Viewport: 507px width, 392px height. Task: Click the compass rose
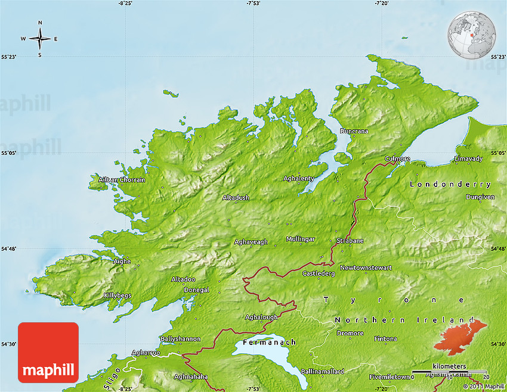click(x=40, y=39)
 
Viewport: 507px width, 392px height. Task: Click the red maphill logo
click(x=48, y=353)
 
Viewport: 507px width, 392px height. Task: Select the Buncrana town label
click(x=354, y=131)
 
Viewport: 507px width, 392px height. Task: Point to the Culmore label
click(x=397, y=158)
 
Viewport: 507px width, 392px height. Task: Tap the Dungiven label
click(x=481, y=197)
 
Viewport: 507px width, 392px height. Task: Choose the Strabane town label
click(x=350, y=241)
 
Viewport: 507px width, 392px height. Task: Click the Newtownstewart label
click(x=366, y=268)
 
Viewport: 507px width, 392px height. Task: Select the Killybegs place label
click(x=118, y=295)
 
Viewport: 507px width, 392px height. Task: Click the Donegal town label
click(x=196, y=290)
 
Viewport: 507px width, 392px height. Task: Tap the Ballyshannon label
click(x=180, y=338)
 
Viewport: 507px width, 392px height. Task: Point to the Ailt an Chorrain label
click(x=122, y=180)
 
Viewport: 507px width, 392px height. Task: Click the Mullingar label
click(x=300, y=239)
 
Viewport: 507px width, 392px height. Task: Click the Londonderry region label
click(x=450, y=185)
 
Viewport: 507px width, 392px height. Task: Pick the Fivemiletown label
click(x=389, y=377)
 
